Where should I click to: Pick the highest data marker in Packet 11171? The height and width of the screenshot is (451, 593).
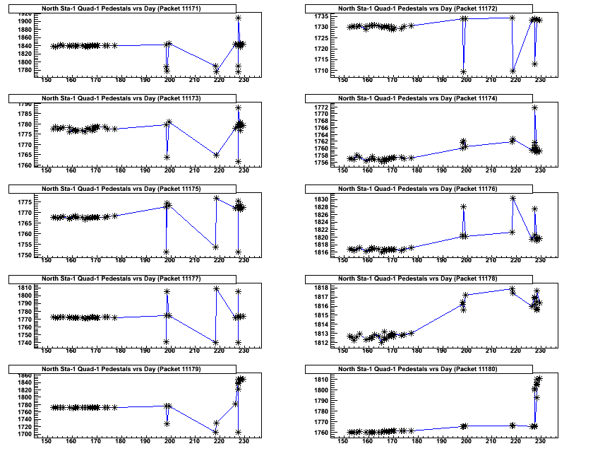click(x=239, y=18)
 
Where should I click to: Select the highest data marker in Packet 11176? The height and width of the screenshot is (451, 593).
click(x=513, y=199)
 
